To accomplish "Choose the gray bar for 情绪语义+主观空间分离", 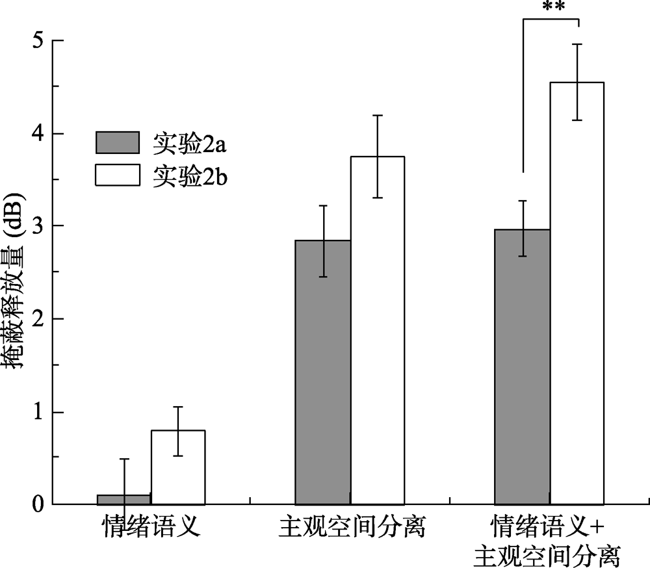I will coord(523,367).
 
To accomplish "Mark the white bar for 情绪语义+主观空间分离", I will coord(577,292).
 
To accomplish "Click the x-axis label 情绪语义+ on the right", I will coord(548,525).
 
